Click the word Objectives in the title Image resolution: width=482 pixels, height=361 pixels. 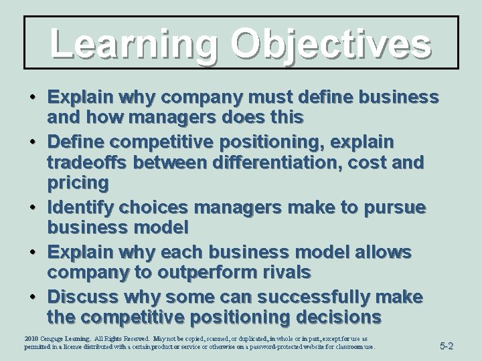point(330,43)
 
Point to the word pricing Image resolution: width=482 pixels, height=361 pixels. point(77,183)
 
